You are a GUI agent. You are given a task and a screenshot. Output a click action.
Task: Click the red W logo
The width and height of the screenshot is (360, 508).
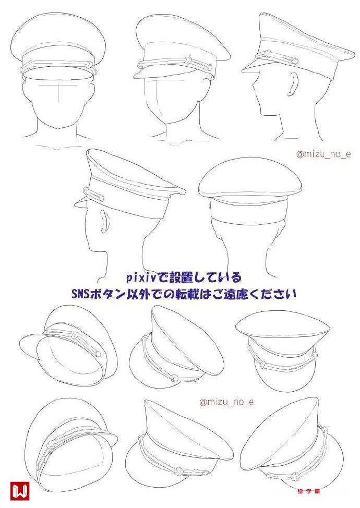[x=20, y=491]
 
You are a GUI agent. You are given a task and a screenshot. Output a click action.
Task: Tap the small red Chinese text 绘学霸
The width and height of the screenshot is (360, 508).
[x=308, y=491]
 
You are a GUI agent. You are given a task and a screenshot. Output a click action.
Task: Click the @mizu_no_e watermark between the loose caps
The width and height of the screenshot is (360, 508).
[x=226, y=402]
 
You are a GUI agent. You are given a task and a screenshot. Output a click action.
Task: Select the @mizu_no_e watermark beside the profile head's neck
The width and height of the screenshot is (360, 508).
[x=323, y=154]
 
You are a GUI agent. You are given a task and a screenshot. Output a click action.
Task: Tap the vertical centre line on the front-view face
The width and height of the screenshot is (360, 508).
[x=58, y=93]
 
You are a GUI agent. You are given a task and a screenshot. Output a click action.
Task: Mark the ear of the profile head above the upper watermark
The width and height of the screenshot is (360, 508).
[x=293, y=84]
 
